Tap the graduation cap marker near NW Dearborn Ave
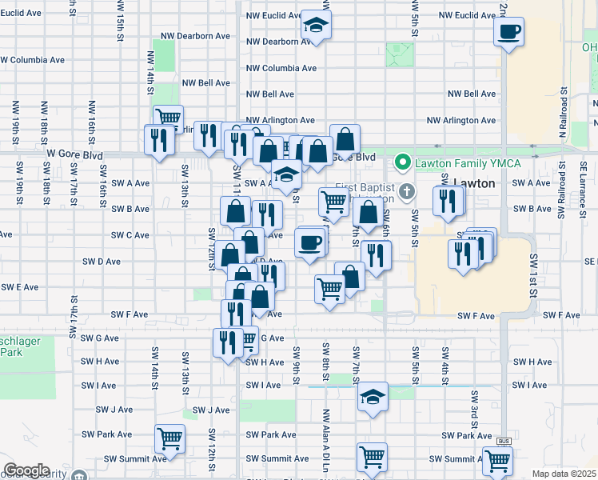[x=317, y=25]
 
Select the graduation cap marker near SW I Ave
[x=373, y=398]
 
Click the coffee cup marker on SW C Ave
[x=310, y=242]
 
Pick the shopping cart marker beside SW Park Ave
[x=169, y=438]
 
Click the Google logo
[x=26, y=470]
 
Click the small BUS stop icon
[x=503, y=441]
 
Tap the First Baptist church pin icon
[x=408, y=190]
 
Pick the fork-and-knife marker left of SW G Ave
[x=228, y=342]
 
